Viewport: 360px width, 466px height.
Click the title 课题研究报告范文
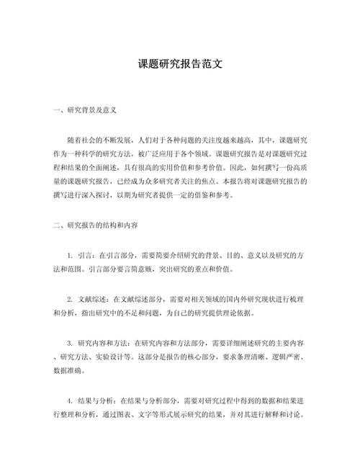click(x=180, y=64)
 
